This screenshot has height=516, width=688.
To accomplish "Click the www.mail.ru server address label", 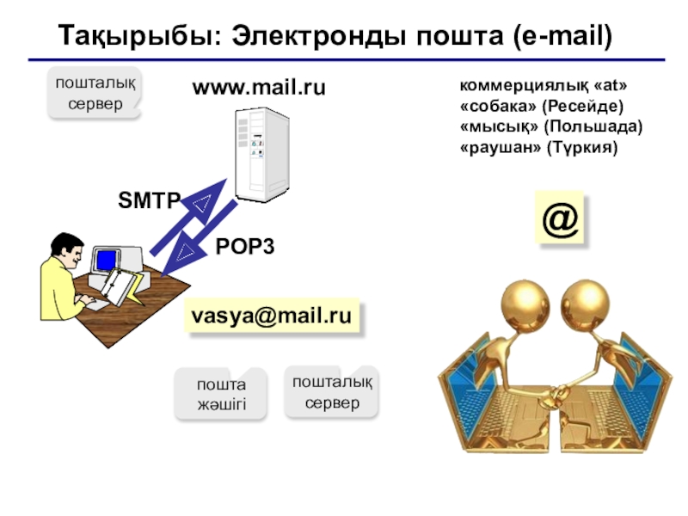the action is [259, 88].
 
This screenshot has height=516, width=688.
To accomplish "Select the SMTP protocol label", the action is [149, 201].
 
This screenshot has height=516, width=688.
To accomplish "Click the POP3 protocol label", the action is [244, 247].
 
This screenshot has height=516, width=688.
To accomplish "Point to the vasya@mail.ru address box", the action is [271, 316].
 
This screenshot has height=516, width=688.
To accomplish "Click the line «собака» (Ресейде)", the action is [541, 106].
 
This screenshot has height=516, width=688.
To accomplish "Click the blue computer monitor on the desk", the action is [107, 259].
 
